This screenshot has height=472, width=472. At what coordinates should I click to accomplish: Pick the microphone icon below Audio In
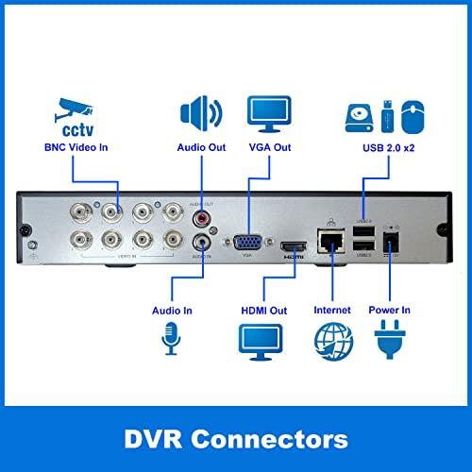[171, 336]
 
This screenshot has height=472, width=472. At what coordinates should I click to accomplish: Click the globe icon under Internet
[331, 340]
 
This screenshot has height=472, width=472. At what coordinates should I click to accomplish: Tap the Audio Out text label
[201, 147]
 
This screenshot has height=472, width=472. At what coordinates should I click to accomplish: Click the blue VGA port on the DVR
[248, 241]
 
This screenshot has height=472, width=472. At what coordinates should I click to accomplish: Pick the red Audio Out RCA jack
[201, 218]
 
